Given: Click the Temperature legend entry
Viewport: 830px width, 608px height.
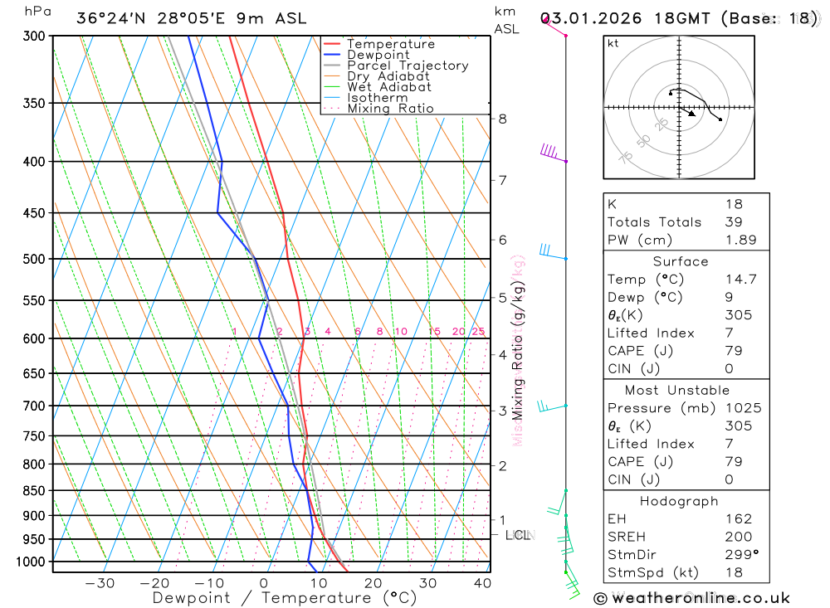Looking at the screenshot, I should point(390,44).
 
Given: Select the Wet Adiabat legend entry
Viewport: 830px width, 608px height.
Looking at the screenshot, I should point(388,87).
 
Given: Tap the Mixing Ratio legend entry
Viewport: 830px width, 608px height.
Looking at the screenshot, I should point(390,109).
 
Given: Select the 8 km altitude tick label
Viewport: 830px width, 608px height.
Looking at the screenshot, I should point(502,119).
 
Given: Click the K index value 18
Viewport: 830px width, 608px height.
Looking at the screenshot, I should point(734,203).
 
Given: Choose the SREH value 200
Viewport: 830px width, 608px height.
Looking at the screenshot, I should point(737,537).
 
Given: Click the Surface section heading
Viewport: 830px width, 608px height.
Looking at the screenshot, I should point(681,261).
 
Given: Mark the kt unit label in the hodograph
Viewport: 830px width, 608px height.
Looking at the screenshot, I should point(613,43).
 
